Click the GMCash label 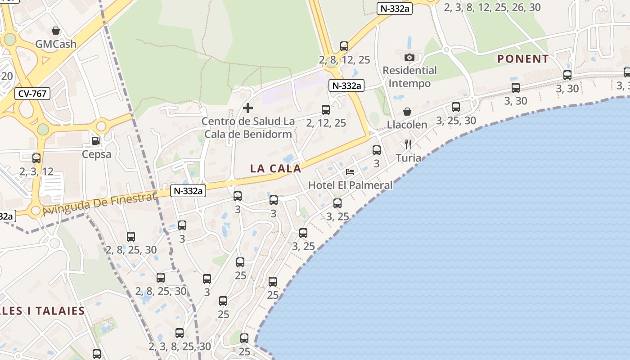pos(56,44)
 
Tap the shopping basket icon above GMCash pos(56,31)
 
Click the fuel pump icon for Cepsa pos(96,141)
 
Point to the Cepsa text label pos(97,154)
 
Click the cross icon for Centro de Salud pos(247,108)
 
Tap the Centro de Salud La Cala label pos(248,127)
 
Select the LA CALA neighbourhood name pos(275,169)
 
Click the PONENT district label pos(523,59)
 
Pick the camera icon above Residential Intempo pos(409,57)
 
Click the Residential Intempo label pos(409,77)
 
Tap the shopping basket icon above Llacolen pos(407,111)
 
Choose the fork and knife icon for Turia pos(408,144)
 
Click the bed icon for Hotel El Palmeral pos(350,171)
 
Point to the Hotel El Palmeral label pos(350,185)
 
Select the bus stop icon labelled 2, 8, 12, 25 pos(344,46)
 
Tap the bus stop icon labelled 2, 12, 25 pos(326,109)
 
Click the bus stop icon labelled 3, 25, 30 pos(456,107)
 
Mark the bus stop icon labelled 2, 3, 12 pos(36,158)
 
